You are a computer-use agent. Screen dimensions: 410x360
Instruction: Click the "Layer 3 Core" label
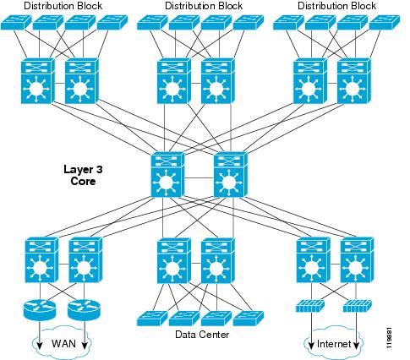tap(83, 175)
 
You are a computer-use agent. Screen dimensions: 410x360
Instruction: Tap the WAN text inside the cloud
tap(63, 344)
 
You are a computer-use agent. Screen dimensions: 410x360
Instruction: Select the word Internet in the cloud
tap(334, 344)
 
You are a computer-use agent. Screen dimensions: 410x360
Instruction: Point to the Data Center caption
tap(202, 335)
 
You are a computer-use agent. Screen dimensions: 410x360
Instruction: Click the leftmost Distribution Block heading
tap(63, 6)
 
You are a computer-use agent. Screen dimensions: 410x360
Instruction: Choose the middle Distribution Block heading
tap(204, 6)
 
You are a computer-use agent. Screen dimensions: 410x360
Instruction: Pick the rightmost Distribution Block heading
tap(336, 6)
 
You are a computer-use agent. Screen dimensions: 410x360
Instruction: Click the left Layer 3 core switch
tap(167, 175)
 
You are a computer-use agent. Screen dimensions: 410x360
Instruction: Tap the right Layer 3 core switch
tap(231, 175)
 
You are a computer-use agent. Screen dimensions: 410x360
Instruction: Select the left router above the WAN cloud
tap(40, 309)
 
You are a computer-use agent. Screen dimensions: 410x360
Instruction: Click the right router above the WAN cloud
tap(84, 309)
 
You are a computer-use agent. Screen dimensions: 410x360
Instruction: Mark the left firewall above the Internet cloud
tap(310, 306)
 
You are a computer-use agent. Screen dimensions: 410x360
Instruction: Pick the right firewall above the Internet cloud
tap(357, 306)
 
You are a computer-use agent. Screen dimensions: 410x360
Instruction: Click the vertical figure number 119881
tap(389, 337)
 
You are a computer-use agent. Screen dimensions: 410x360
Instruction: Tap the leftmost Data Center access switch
tap(152, 319)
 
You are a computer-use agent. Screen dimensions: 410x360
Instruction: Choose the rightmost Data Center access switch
tap(249, 319)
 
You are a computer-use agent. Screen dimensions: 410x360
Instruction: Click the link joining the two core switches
tap(200, 178)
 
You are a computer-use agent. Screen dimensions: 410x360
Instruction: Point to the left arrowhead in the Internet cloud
tap(311, 346)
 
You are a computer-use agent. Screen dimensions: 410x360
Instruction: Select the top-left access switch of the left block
tap(16, 23)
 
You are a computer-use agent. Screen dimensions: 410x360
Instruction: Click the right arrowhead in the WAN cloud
tap(85, 346)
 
